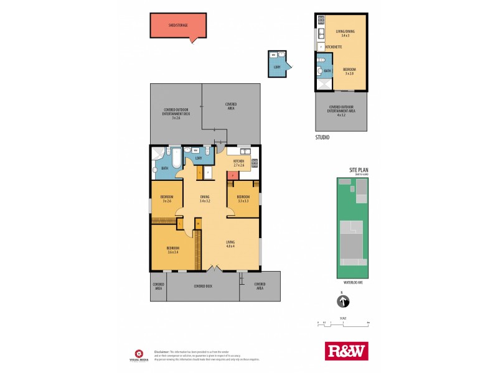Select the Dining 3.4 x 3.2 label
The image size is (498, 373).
(x=205, y=199)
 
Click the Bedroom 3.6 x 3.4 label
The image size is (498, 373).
(x=172, y=250)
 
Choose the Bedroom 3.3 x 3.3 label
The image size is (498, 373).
(x=243, y=199)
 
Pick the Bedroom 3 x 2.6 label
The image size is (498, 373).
(x=167, y=199)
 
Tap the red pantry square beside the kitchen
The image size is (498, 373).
(x=231, y=176)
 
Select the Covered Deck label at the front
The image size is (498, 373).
(x=203, y=287)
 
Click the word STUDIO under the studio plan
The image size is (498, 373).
(x=322, y=137)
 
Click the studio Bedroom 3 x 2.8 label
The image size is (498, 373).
(x=349, y=71)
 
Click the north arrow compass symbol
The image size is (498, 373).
(x=342, y=302)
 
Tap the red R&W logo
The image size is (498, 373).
(x=347, y=351)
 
